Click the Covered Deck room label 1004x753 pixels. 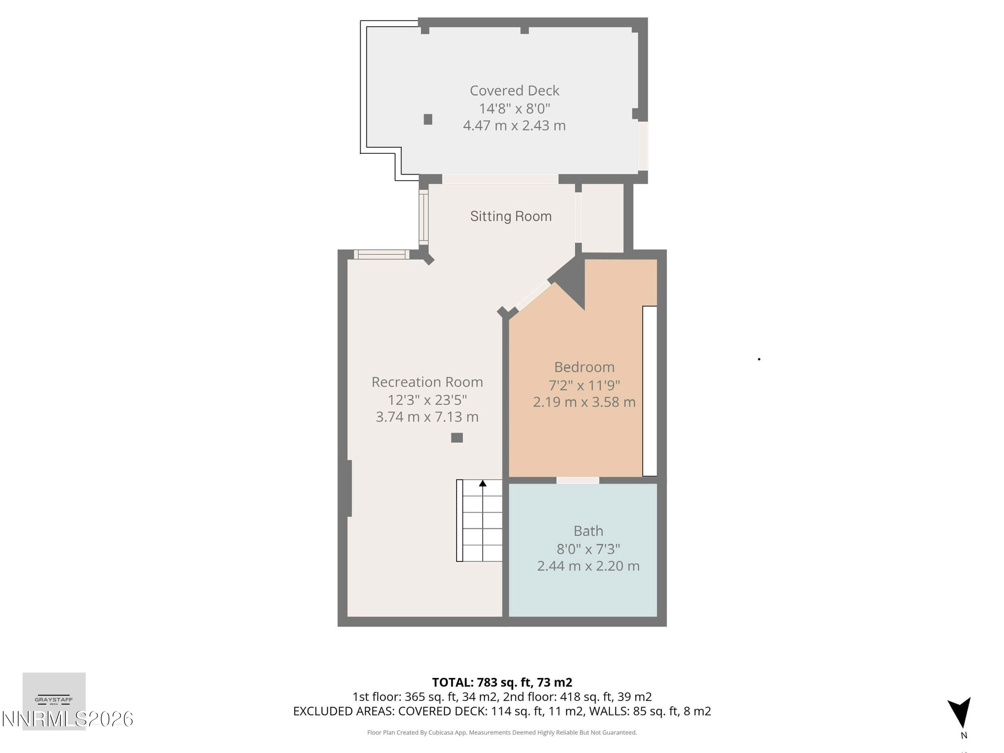(x=514, y=91)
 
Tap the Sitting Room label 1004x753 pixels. (x=511, y=216)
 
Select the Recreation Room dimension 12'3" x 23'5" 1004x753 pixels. (x=427, y=400)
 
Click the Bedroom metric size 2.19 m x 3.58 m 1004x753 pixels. (x=584, y=402)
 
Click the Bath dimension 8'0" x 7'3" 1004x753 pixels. (x=588, y=549)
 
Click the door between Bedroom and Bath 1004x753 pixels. (x=577, y=480)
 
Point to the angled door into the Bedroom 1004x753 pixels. (x=533, y=296)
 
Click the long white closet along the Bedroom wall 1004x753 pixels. (x=650, y=391)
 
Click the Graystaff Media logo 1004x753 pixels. (x=54, y=700)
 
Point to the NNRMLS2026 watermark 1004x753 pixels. (x=67, y=719)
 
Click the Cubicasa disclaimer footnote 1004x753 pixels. (x=502, y=732)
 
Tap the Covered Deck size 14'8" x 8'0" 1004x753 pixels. (x=514, y=108)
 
